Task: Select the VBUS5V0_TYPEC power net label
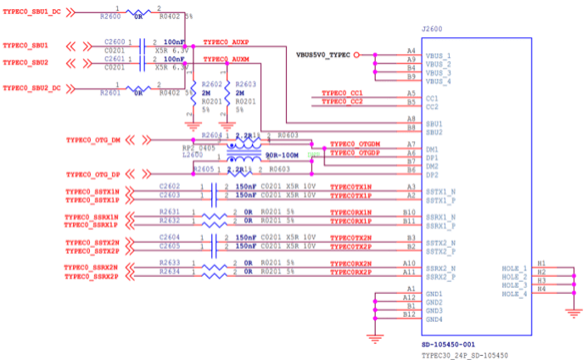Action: point(322,55)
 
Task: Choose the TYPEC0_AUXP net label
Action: point(227,42)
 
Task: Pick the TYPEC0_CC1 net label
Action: point(342,93)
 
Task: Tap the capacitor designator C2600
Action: point(115,42)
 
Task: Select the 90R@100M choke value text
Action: point(282,156)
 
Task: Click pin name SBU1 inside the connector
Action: point(434,124)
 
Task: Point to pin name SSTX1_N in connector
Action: point(440,192)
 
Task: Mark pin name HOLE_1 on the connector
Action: point(513,269)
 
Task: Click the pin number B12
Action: point(410,314)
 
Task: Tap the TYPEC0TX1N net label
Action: point(350,186)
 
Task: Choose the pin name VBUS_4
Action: point(439,81)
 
